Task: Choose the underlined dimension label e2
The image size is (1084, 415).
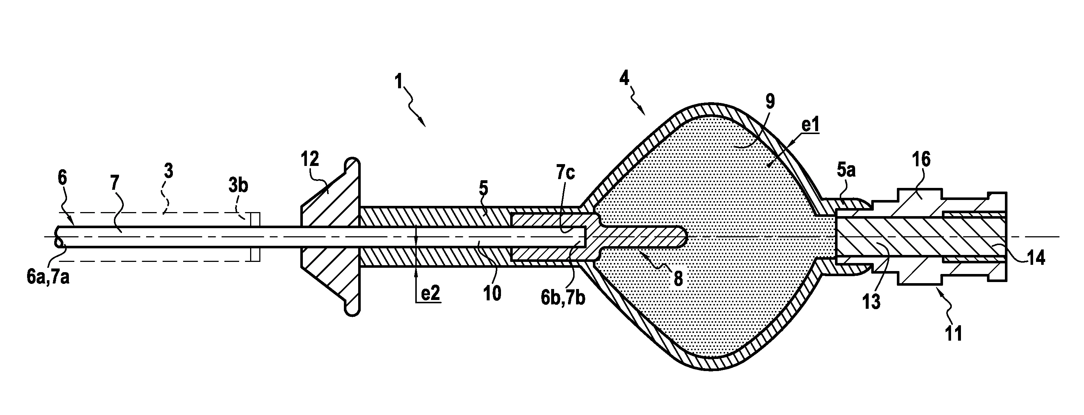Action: pyautogui.click(x=430, y=294)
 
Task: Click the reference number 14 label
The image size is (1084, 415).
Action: pyautogui.click(x=1036, y=257)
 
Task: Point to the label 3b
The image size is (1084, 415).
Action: pyautogui.click(x=238, y=186)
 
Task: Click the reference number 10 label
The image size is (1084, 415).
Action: pyautogui.click(x=491, y=293)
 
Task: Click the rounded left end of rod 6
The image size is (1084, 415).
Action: pyautogui.click(x=57, y=237)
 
